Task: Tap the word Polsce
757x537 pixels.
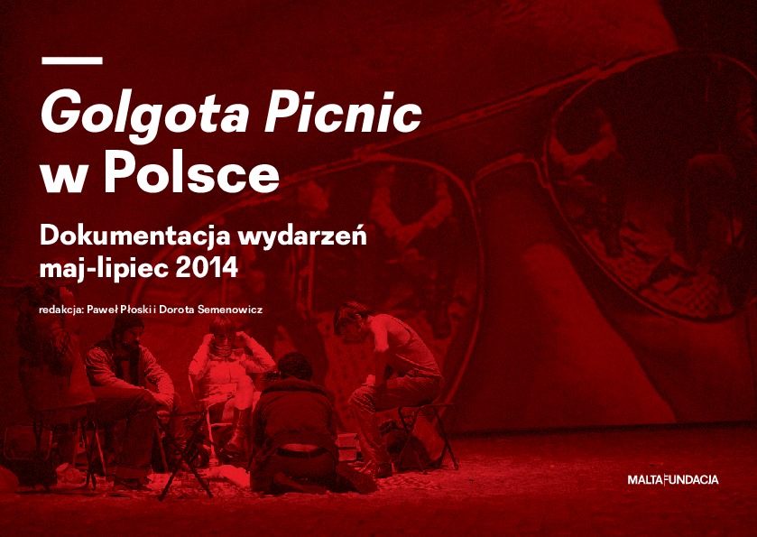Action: (191, 171)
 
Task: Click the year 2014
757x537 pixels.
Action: (207, 268)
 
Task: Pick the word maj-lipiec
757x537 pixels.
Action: (104, 269)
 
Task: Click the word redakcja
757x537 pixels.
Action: (60, 310)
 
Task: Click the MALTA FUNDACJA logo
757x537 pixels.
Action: (672, 479)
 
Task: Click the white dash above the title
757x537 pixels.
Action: (72, 60)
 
